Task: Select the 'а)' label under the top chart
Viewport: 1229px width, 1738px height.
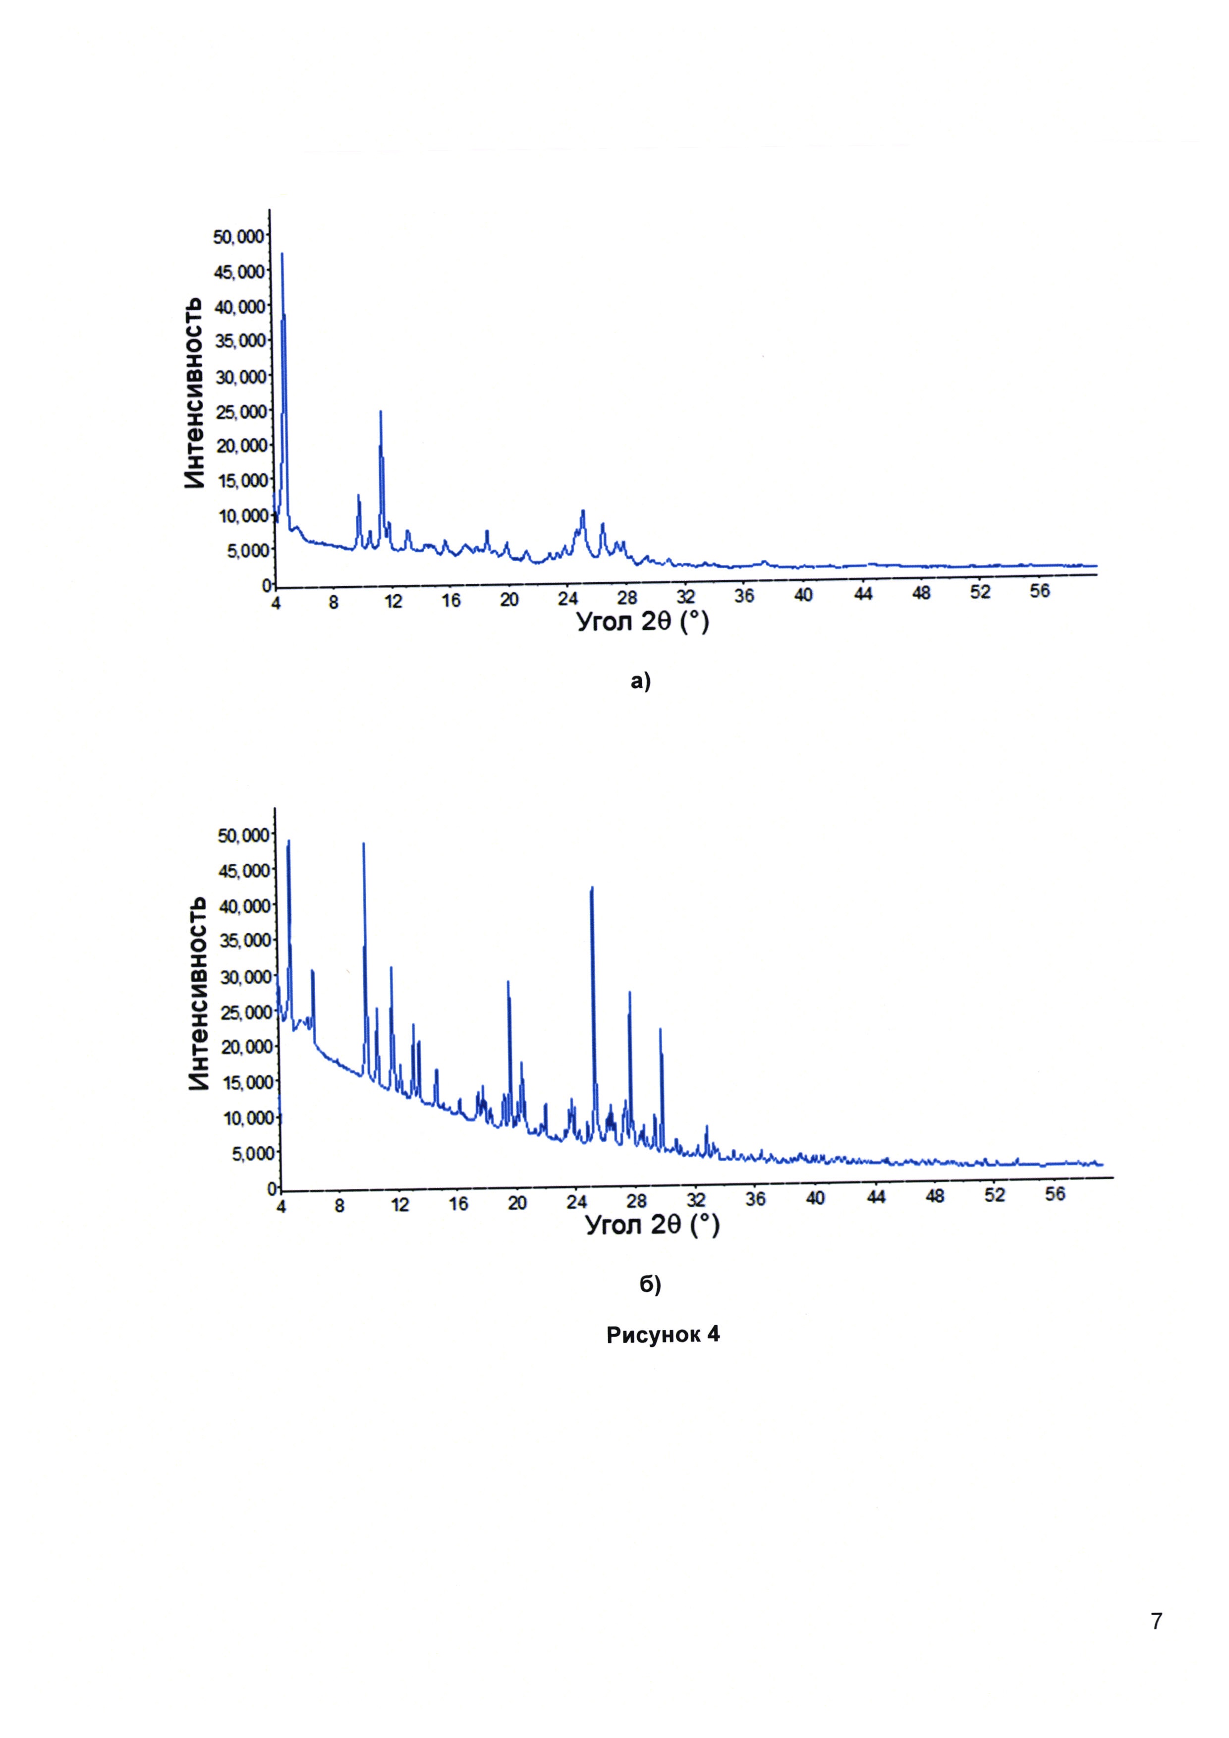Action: coord(640,682)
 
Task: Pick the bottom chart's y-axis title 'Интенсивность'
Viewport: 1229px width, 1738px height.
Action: coord(198,994)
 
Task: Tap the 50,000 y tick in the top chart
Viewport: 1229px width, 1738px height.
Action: coord(239,237)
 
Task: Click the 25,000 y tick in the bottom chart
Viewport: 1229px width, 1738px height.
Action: coord(244,1012)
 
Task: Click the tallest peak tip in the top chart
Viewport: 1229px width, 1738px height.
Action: coord(281,254)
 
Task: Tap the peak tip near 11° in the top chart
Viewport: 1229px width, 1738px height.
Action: coord(381,412)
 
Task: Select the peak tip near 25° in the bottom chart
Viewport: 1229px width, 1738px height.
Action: coord(592,888)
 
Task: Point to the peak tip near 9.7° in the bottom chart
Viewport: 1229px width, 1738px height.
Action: coord(363,843)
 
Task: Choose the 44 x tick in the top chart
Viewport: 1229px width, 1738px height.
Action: coord(863,595)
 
